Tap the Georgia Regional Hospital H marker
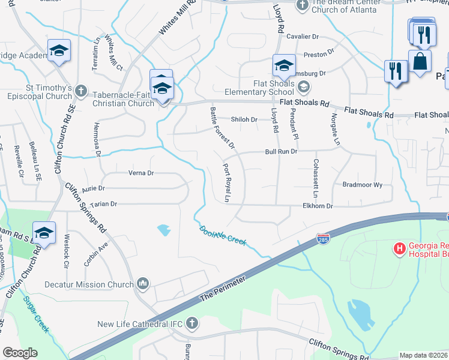399,247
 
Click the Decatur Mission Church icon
143,283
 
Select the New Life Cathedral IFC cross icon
191,323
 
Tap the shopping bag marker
420,61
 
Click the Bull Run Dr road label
282,152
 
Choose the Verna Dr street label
142,173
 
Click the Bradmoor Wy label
362,185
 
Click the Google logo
20,353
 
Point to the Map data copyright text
423,355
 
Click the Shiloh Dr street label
245,119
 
